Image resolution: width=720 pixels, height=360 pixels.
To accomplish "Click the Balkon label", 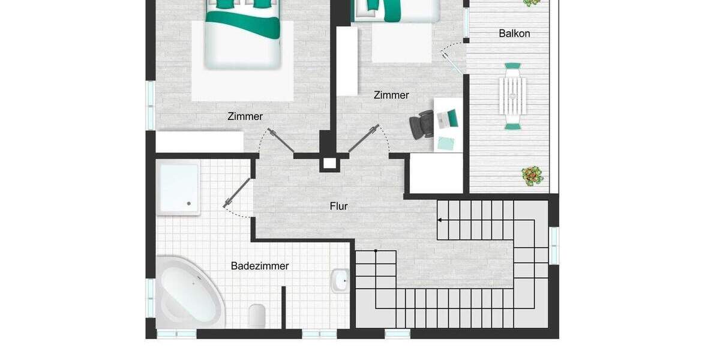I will [514, 34].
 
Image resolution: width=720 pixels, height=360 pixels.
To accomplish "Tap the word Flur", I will [338, 206].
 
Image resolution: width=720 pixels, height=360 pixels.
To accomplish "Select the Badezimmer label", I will [260, 266].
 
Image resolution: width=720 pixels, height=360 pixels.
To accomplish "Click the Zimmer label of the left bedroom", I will [245, 116].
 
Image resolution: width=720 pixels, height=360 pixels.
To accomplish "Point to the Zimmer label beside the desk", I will [391, 95].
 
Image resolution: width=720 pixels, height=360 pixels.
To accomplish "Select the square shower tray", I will [178, 187].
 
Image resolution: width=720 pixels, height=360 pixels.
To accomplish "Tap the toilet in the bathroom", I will [257, 314].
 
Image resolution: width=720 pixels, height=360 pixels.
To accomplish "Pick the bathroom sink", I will [340, 280].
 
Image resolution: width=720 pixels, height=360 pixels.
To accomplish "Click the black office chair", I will [421, 124].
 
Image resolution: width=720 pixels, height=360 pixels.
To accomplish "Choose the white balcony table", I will [513, 96].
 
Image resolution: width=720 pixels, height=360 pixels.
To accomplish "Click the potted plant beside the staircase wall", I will [532, 176].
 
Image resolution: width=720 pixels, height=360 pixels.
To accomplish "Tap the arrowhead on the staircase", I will [440, 220].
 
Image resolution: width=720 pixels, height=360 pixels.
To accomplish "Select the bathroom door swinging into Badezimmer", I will [238, 194].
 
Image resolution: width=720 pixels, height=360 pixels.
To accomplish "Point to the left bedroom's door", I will [281, 141].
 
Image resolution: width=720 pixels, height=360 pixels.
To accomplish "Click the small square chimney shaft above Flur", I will [329, 163].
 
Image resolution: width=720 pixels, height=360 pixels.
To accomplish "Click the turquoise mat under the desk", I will [446, 143].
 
